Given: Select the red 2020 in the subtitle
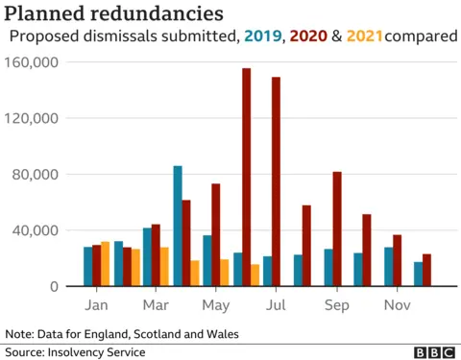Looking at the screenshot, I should (x=306, y=36).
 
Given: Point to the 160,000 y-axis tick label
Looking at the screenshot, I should (x=34, y=62).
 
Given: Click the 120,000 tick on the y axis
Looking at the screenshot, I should (x=34, y=118).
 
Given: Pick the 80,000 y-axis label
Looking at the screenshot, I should (x=37, y=175).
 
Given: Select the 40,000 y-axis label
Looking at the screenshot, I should (x=37, y=230).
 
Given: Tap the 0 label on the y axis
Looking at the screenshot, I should (x=55, y=286).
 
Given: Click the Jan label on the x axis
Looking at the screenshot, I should (x=96, y=305).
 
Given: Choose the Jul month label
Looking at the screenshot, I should (x=277, y=305).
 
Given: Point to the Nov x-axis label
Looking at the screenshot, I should (x=397, y=305).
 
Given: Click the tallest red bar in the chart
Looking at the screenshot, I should (x=247, y=178).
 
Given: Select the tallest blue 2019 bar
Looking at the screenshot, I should (x=178, y=227).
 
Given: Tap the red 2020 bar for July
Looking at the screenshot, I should (x=277, y=181).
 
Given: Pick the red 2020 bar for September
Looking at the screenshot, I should (x=337, y=228).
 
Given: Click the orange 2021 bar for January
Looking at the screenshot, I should (x=106, y=264).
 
